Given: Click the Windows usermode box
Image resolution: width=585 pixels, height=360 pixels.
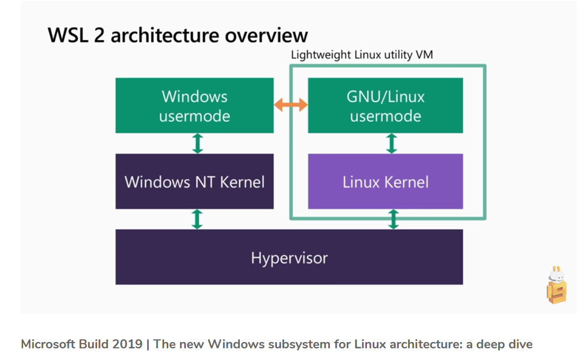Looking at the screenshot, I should pyautogui.click(x=194, y=105).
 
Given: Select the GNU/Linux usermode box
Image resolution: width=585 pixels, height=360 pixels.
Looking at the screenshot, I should pyautogui.click(x=385, y=105).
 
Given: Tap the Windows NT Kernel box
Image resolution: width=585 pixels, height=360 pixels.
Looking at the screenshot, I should pyautogui.click(x=194, y=182).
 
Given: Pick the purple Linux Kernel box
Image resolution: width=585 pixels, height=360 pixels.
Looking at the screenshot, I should pyautogui.click(x=385, y=182).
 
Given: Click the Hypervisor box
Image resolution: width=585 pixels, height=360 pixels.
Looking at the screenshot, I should pyautogui.click(x=289, y=257).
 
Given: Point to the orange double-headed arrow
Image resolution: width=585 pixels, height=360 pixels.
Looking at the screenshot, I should pyautogui.click(x=291, y=105).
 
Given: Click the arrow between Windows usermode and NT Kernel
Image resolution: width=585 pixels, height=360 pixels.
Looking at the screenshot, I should pyautogui.click(x=197, y=143).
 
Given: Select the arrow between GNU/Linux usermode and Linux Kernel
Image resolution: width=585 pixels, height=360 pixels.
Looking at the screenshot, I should pyautogui.click(x=392, y=143).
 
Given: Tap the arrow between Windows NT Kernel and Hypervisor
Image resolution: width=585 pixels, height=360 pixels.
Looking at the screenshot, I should pyautogui.click(x=197, y=219).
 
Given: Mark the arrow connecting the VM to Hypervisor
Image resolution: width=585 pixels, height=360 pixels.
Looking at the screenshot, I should pyautogui.click(x=393, y=219).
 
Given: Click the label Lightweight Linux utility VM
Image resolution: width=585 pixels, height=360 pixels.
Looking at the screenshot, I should pyautogui.click(x=362, y=55).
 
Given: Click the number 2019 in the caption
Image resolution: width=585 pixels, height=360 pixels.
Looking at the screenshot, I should pyautogui.click(x=127, y=344).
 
